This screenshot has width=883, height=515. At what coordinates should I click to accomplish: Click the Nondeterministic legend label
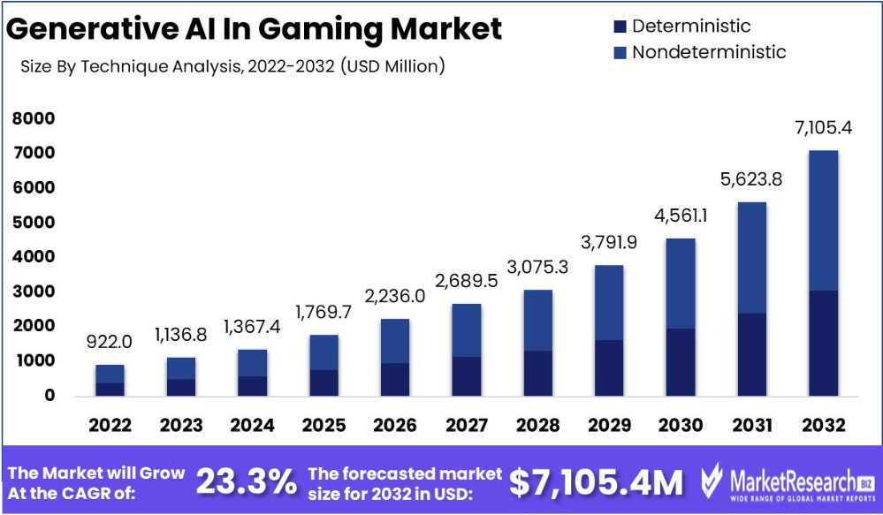coord(708,52)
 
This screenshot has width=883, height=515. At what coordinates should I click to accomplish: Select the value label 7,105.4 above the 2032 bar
coord(823,128)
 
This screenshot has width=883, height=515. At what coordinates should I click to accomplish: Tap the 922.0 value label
coord(110,342)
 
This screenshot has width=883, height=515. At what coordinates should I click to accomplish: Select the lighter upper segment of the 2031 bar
coord(752,257)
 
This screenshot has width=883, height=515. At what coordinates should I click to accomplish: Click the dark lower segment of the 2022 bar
coord(110,389)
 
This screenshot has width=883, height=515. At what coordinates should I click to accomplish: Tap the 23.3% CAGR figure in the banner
coord(246,481)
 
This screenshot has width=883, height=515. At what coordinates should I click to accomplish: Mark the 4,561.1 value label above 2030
coord(681,216)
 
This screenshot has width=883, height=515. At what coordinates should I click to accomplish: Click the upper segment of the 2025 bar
coord(324,352)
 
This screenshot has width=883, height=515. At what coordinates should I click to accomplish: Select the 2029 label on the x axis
coord(609,426)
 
